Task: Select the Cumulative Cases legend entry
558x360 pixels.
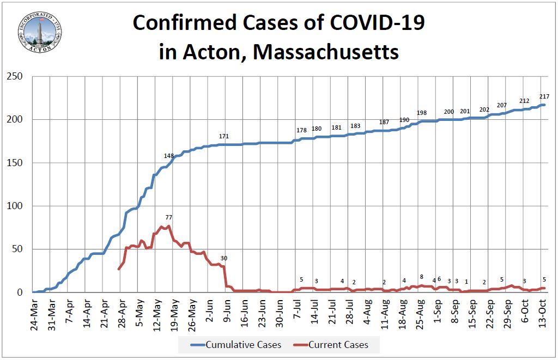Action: point(236,345)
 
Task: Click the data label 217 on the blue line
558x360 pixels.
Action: point(544,96)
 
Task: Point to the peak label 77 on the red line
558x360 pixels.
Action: point(168,217)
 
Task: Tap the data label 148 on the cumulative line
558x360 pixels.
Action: point(169,156)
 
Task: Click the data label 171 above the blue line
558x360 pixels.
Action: point(224,136)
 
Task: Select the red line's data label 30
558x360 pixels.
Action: point(224,258)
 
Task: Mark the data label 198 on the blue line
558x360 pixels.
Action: point(422,113)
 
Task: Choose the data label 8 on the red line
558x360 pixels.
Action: point(421,277)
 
